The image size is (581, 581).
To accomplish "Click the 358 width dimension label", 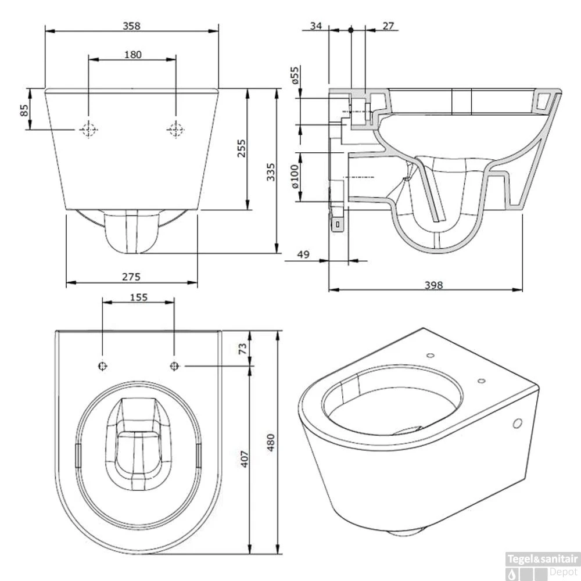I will point(132,26).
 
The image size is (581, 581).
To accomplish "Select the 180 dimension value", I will point(132,55).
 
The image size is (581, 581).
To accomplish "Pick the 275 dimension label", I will point(132,277).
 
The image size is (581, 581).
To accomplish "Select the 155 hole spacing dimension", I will point(138,297).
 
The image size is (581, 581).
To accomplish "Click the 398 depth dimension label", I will point(433,285).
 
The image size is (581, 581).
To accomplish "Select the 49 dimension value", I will point(302,254).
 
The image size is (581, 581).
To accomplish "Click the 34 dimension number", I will point(315,26).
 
